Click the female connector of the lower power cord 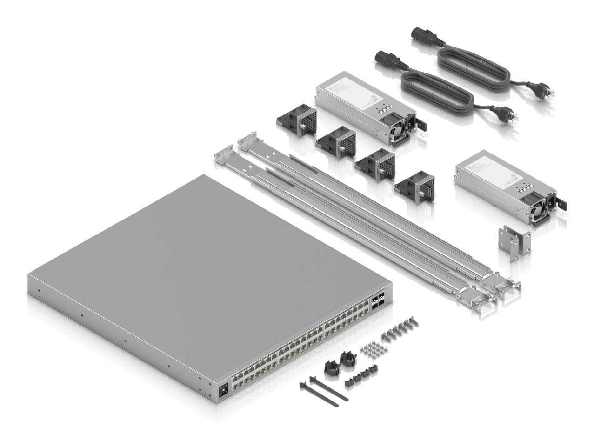pos(387,60)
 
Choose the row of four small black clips pos(361,374)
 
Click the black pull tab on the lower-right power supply pos(561,203)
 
